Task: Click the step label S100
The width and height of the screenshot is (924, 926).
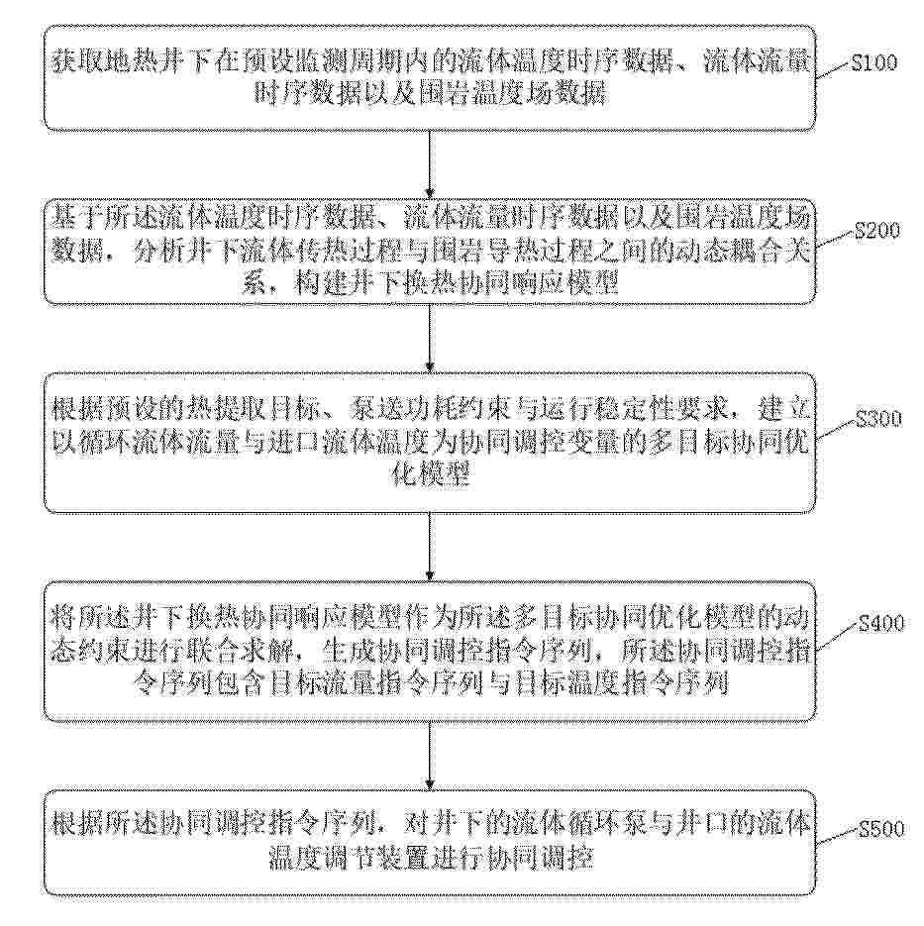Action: point(873,62)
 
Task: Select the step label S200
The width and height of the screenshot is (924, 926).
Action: point(877,230)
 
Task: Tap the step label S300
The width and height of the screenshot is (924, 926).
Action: point(879,418)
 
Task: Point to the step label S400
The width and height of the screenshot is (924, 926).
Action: point(881,623)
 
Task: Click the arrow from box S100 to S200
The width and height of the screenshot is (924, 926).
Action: point(430,164)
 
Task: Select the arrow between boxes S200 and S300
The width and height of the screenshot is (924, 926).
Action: point(430,339)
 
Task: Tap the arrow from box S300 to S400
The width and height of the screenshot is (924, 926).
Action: point(430,548)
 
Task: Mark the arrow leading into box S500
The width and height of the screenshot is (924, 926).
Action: point(430,756)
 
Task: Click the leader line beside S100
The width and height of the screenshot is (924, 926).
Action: point(834,69)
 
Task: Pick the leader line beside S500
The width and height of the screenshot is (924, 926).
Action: point(837,837)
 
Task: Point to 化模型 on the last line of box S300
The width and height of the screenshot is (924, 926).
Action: point(430,473)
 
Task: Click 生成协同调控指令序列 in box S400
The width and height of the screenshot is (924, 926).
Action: point(457,652)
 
